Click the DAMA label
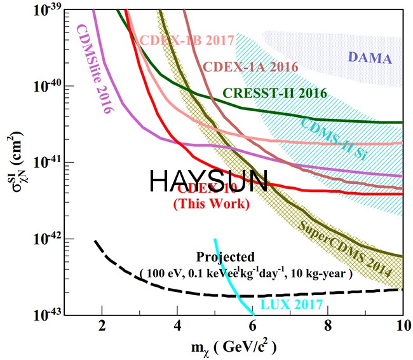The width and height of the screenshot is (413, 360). (370, 59)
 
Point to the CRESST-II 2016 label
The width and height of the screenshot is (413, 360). (274, 93)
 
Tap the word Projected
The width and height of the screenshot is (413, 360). (226, 257)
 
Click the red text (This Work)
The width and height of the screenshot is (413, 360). (211, 204)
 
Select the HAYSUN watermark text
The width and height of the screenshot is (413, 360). (208, 181)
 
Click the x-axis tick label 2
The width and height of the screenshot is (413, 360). (102, 329)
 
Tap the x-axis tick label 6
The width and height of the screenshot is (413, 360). (252, 329)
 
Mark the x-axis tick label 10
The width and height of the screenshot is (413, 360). (402, 329)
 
